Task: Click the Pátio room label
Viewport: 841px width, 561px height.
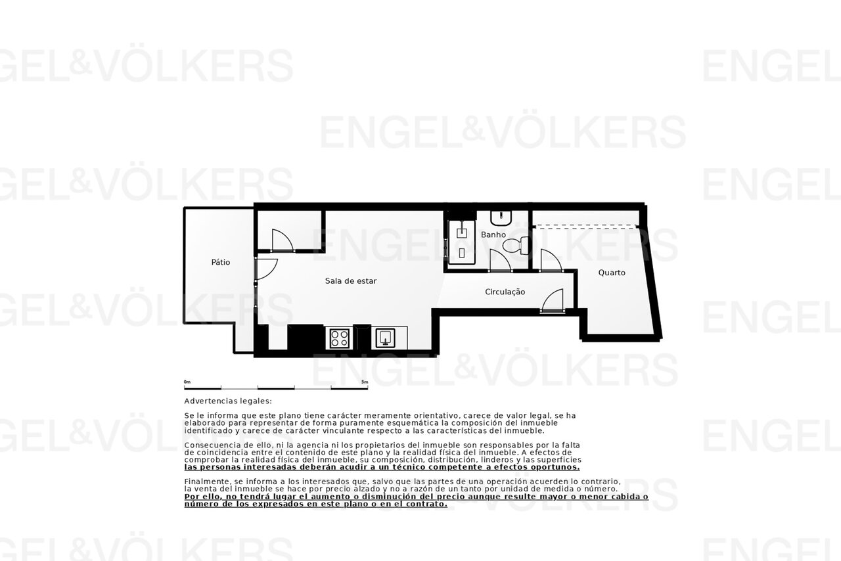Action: [220, 262]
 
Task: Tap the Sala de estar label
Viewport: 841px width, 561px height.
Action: [351, 281]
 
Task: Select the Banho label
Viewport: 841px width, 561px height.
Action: [493, 235]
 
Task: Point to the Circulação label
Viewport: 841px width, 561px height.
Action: [505, 292]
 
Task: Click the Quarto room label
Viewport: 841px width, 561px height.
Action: [612, 273]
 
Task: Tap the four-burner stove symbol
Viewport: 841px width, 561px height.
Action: [340, 338]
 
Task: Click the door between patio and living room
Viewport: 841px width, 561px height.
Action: [266, 269]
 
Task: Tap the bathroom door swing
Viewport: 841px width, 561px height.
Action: [501, 260]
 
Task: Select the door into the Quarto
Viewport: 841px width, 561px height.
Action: [551, 260]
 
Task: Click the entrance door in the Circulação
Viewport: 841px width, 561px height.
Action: [552, 300]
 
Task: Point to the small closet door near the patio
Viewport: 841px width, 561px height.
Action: [283, 240]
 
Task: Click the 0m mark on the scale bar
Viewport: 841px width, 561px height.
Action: [187, 382]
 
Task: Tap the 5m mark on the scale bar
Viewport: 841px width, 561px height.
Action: [365, 382]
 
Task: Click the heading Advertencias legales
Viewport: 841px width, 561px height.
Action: [228, 401]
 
